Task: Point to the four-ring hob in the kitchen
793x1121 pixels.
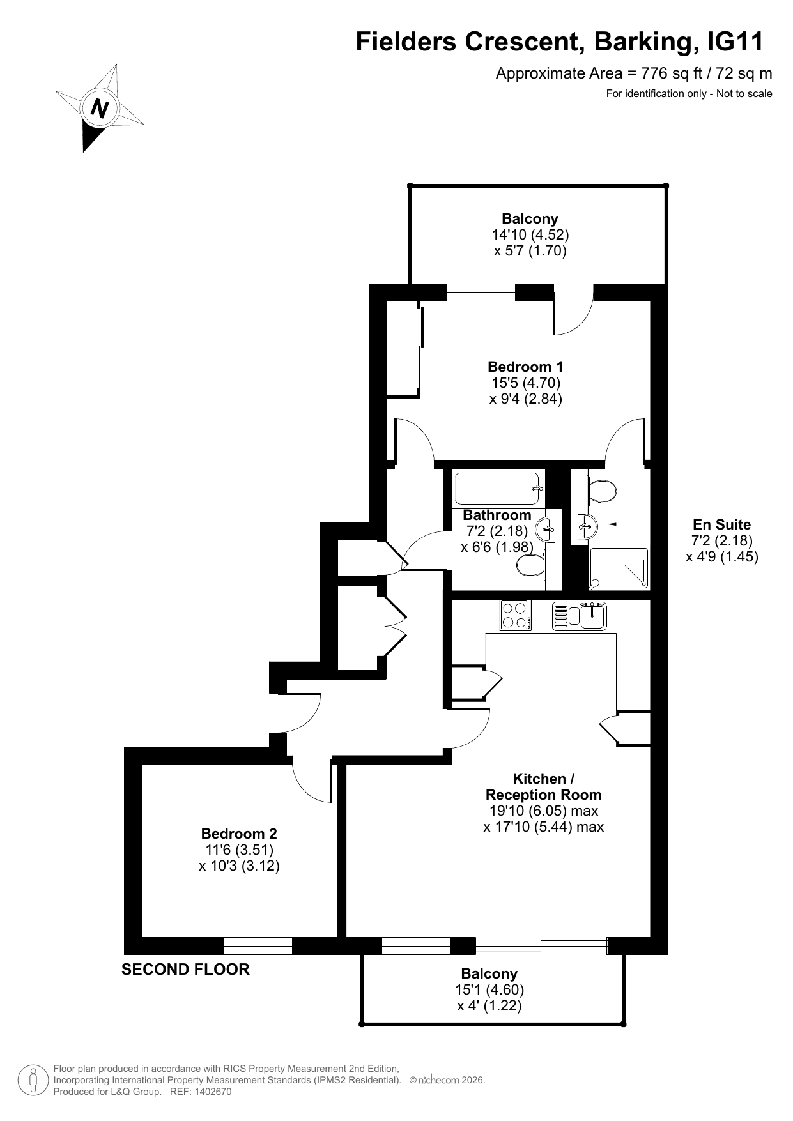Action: click(516, 616)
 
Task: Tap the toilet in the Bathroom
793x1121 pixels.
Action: click(530, 565)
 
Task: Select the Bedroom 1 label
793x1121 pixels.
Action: click(525, 367)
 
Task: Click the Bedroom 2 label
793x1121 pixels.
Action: click(239, 834)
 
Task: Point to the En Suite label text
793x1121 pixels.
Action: click(722, 524)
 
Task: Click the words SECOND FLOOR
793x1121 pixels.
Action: click(185, 970)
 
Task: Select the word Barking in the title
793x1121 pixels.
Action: click(645, 42)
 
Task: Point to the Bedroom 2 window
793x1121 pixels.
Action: click(258, 945)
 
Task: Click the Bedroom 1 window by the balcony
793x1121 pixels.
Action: click(481, 292)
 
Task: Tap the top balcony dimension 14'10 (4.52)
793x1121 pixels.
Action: click(530, 234)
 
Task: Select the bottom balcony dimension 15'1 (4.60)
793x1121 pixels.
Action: click(489, 989)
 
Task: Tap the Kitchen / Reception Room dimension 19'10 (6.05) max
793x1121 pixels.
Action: click(544, 811)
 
